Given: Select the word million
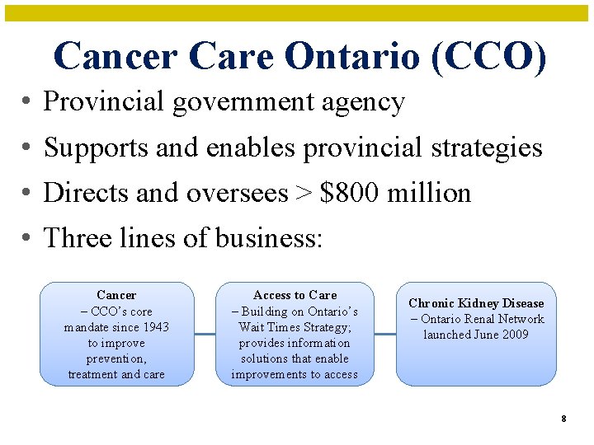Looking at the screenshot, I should (x=429, y=193).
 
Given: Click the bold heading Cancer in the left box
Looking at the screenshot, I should (x=116, y=295).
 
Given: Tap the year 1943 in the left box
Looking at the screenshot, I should (x=155, y=327).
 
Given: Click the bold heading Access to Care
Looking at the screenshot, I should (x=295, y=295).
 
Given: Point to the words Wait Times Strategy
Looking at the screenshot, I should (x=295, y=327).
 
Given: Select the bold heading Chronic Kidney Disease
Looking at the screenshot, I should (x=476, y=303).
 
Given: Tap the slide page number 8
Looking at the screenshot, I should (x=563, y=419).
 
